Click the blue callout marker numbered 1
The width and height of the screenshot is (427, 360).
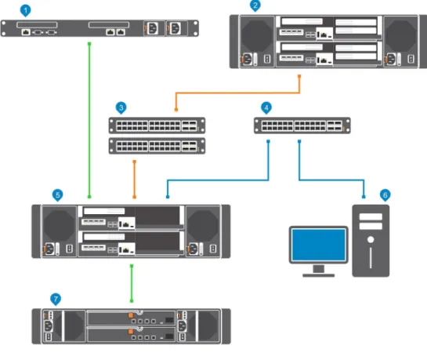(26, 11)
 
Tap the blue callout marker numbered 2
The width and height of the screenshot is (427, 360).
(255, 5)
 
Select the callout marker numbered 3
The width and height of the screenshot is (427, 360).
(121, 107)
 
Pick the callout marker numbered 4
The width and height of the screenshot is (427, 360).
(266, 107)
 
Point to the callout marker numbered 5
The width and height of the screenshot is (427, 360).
(57, 195)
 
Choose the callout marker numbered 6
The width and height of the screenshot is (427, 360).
(385, 195)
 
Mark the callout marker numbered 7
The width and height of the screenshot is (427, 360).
(56, 299)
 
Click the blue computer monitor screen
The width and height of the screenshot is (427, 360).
(319, 245)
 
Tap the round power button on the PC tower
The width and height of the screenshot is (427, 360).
(371, 239)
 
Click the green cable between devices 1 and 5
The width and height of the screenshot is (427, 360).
(89, 120)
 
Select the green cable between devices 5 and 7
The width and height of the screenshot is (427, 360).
(132, 283)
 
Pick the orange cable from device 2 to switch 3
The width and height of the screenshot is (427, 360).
(237, 93)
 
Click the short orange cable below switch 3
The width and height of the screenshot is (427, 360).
(134, 180)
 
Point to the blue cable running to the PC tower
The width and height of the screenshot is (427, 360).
(331, 180)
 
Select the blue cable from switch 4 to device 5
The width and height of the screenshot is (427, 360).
(218, 180)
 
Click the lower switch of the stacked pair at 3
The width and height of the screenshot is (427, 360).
(157, 146)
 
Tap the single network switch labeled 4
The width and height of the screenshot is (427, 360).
(302, 125)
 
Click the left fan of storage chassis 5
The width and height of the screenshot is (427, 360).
(59, 225)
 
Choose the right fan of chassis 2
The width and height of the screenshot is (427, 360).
(400, 36)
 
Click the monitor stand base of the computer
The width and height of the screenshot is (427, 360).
(318, 275)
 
